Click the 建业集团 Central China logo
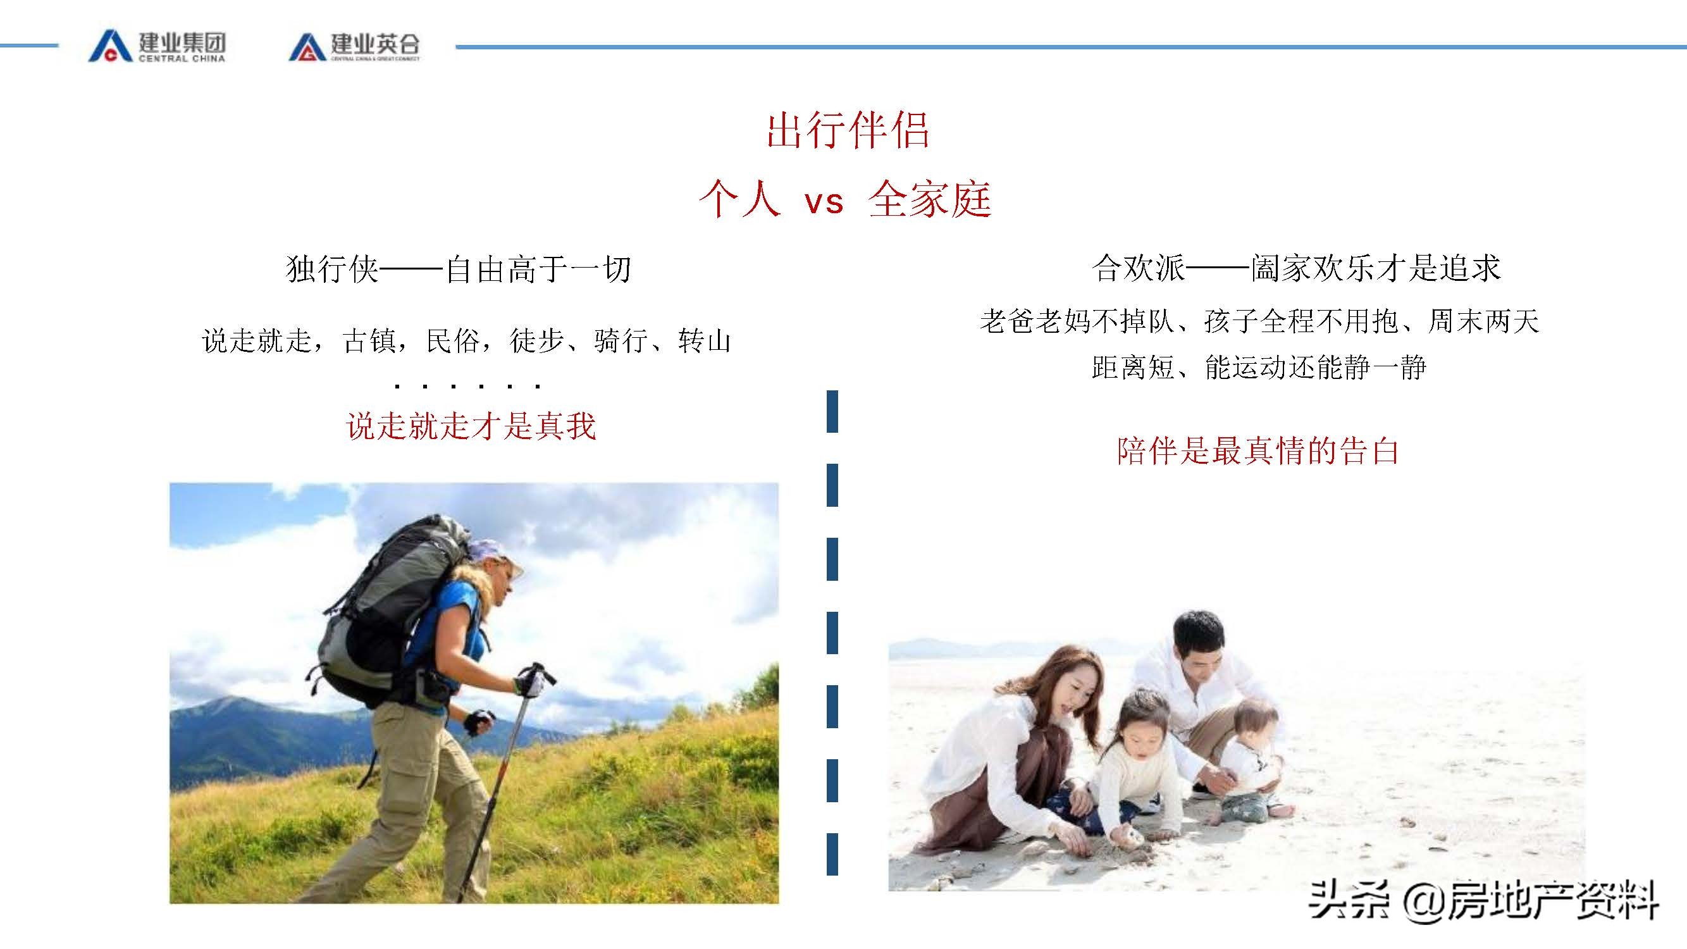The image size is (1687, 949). point(157,46)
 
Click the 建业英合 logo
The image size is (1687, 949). point(354,46)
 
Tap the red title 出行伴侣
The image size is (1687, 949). point(848,130)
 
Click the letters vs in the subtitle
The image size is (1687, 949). point(824,201)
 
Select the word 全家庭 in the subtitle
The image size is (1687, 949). point(929,200)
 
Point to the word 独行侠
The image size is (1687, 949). point(332,269)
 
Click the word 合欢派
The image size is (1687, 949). point(1138,268)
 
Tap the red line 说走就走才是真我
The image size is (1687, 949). point(471,426)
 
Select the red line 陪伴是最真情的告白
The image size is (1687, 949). point(1258,451)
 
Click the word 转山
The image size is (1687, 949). point(704,341)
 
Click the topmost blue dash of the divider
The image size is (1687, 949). point(832,411)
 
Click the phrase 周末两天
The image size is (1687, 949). point(1483,321)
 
